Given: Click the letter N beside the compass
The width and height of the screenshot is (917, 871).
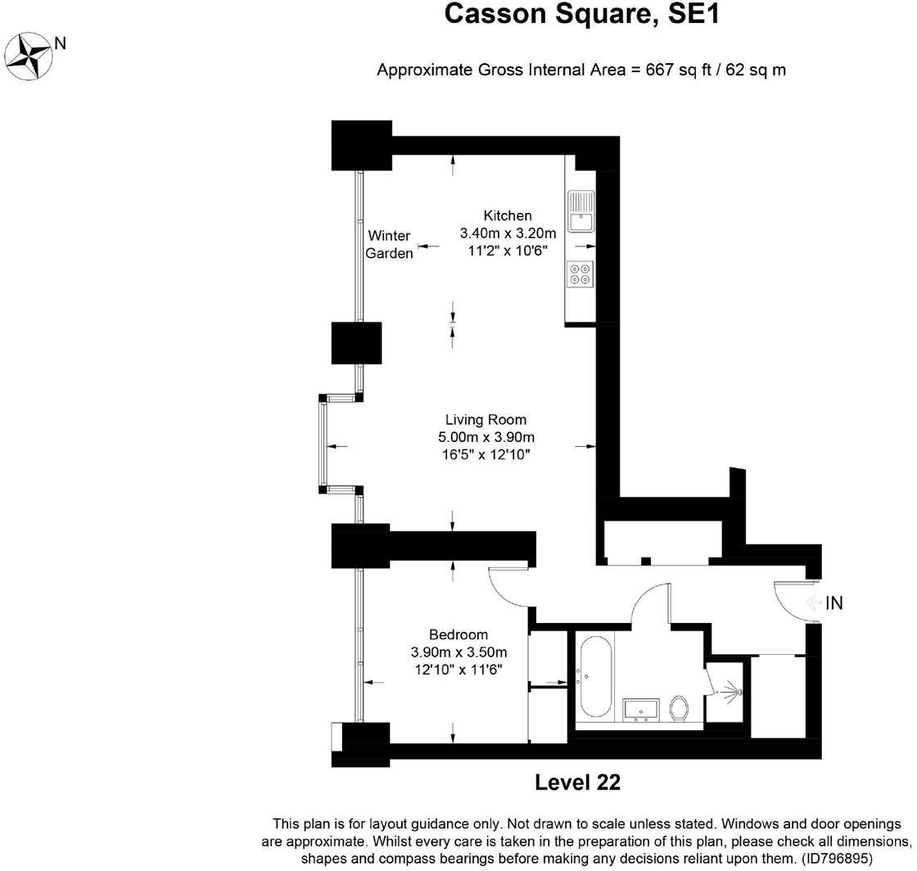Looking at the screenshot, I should (60, 43).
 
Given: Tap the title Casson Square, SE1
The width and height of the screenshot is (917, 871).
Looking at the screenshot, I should (582, 14).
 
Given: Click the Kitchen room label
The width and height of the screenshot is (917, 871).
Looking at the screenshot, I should (508, 215).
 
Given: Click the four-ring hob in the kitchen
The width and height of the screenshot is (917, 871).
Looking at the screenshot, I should (580, 273).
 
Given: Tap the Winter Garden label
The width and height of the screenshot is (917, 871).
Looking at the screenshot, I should (389, 245).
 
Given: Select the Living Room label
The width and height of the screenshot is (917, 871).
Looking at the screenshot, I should (486, 420).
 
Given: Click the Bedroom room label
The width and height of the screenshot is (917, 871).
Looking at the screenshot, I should (458, 634).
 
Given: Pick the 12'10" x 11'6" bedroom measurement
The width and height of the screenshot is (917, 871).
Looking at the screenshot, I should (458, 670).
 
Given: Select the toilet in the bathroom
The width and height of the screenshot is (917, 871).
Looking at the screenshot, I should (679, 707).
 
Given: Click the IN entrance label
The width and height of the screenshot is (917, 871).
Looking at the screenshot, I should (833, 603).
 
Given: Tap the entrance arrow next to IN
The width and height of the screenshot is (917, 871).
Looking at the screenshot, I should (813, 603).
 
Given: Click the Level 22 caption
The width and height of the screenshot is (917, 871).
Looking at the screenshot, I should (577, 783).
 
